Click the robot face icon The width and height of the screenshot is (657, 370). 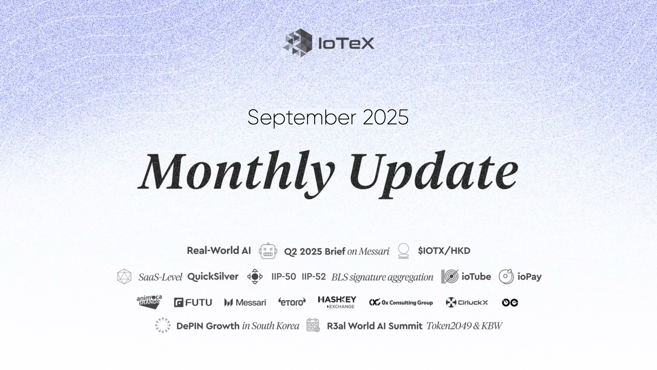click(268, 251)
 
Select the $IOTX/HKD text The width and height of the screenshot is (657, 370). click(444, 251)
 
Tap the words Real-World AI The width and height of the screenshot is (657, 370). click(218, 251)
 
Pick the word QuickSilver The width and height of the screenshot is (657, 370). click(213, 277)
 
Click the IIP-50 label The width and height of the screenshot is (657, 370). click(283, 277)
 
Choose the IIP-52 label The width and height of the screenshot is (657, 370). click(314, 277)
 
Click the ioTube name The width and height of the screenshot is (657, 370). click(476, 277)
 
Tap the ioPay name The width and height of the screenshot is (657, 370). click(529, 277)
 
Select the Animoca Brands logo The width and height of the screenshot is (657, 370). click(149, 302)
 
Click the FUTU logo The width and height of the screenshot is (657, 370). click(193, 302)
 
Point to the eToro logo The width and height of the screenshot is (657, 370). click(292, 302)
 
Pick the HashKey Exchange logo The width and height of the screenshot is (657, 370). click(337, 302)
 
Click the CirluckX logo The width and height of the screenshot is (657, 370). click(467, 302)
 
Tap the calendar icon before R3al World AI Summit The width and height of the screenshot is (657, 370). click(313, 325)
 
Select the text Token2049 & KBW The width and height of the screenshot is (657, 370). click(464, 326)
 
